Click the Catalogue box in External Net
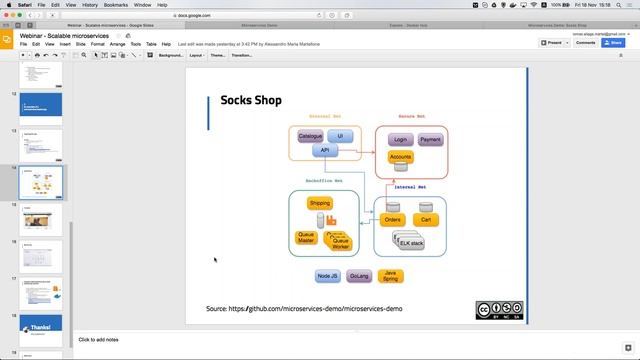tap(310, 135)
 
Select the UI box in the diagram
tap(340, 135)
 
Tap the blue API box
tap(324, 151)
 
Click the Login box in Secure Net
tap(400, 140)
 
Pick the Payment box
tap(430, 140)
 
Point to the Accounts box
tap(400, 157)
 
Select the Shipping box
tap(320, 203)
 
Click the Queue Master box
tap(307, 238)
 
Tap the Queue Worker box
tap(340, 241)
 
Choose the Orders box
tap(393, 219)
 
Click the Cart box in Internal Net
tap(425, 219)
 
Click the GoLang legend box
tap(359, 275)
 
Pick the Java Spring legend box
tap(391, 275)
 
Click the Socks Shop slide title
tap(251, 100)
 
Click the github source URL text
tap(304, 309)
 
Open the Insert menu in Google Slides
tap(64, 44)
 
